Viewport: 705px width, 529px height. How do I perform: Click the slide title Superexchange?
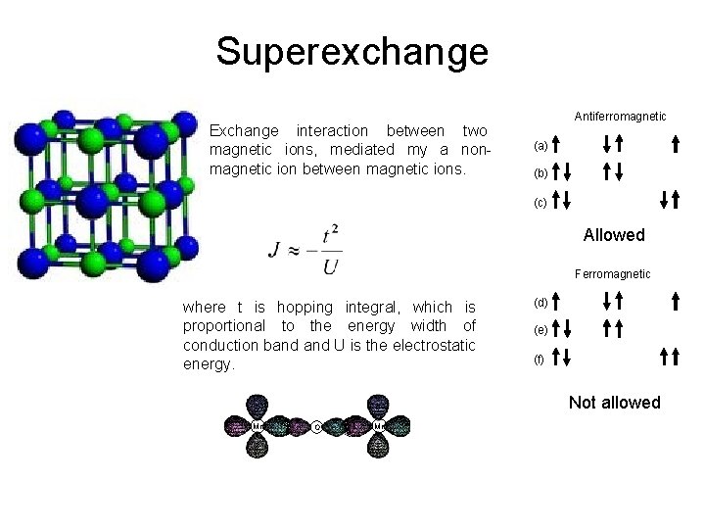[x=352, y=51]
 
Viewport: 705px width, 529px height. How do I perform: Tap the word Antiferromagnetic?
[x=620, y=117]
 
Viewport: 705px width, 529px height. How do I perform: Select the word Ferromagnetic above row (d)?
[x=612, y=274]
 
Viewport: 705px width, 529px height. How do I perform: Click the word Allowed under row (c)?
[x=614, y=235]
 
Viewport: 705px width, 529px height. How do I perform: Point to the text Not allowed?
[x=614, y=403]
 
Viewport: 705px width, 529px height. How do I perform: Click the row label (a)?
[x=540, y=146]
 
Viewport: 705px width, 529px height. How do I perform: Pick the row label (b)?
[x=540, y=173]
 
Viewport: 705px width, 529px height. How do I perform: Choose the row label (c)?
[x=540, y=203]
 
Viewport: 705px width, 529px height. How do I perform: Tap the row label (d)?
[x=540, y=302]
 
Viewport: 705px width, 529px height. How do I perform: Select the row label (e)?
[x=540, y=330]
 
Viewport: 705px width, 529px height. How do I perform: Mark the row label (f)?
[x=540, y=360]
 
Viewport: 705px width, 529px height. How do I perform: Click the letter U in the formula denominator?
[x=331, y=265]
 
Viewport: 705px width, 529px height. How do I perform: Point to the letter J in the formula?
[x=275, y=250]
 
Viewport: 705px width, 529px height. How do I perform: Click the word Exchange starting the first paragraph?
[x=244, y=131]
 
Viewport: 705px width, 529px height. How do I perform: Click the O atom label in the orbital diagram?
[x=317, y=427]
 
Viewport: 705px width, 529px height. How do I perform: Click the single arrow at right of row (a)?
[x=676, y=145]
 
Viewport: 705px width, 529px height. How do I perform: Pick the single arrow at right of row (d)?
[x=676, y=301]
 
